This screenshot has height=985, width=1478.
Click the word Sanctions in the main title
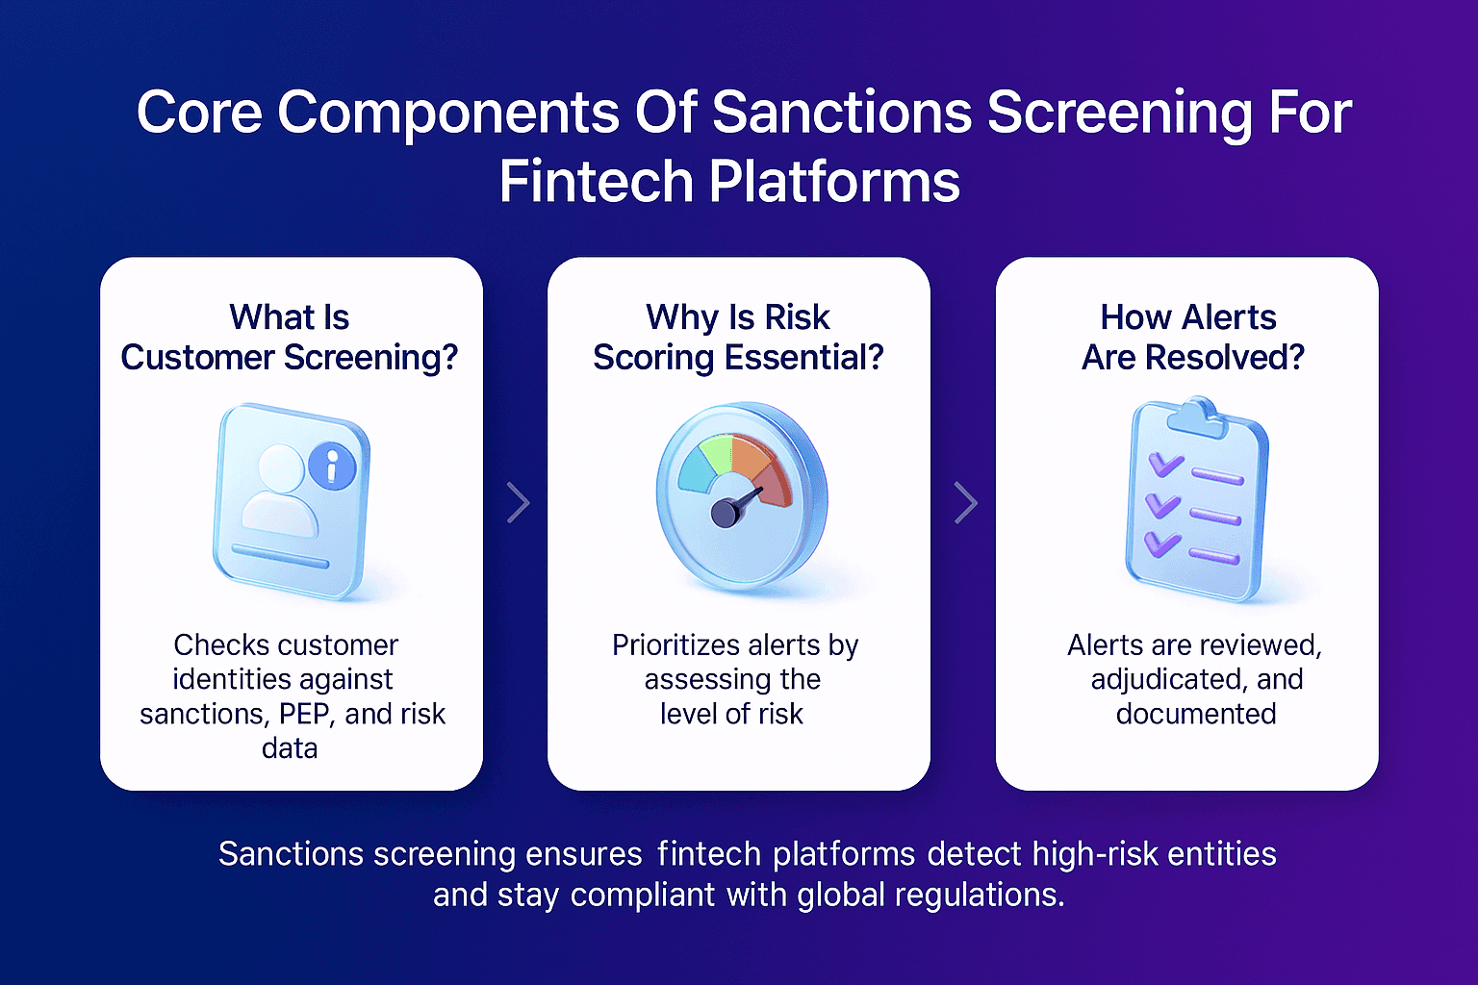(842, 113)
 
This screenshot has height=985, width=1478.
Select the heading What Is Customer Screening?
(290, 337)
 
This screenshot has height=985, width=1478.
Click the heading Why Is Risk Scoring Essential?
(738, 337)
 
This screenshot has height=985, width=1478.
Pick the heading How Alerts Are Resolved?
(1192, 337)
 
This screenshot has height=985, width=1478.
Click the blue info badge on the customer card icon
(332, 468)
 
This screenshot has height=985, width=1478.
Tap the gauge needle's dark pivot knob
(725, 514)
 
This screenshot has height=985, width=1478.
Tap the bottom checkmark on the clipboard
(1161, 543)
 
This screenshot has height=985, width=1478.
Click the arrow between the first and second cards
(518, 502)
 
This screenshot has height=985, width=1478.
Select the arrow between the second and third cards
(965, 502)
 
